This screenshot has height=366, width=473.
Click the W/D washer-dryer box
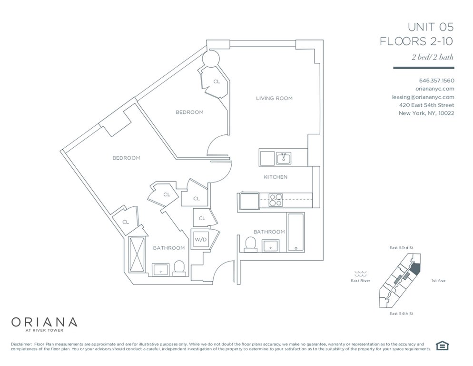[x=201, y=240]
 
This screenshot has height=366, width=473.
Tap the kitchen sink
[x=284, y=158]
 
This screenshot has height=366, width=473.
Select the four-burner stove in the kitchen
[x=276, y=200]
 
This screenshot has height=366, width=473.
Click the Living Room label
[x=274, y=98]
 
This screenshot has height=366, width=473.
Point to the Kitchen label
[x=276, y=177]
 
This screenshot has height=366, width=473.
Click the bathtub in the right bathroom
[x=296, y=232]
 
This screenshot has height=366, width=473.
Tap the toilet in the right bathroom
[x=250, y=244]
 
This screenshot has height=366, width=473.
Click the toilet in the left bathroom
[x=179, y=268]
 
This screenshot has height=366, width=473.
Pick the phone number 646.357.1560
[x=436, y=81]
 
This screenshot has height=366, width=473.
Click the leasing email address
[x=423, y=97]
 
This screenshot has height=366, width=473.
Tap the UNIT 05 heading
[x=431, y=27]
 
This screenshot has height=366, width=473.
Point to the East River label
[x=360, y=281]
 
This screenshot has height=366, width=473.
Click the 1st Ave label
[x=438, y=281]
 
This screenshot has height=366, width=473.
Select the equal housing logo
[x=442, y=346]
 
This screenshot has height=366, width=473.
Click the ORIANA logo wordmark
[x=44, y=322]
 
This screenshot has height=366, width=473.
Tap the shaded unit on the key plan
[x=416, y=268]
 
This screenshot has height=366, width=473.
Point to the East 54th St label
[x=401, y=314]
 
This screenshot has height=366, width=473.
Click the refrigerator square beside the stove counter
[x=249, y=200]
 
